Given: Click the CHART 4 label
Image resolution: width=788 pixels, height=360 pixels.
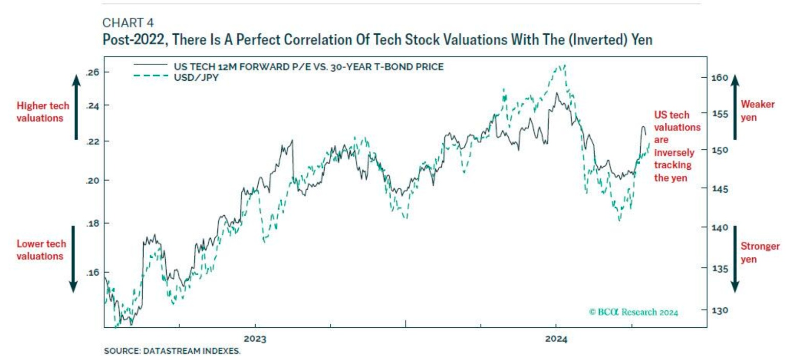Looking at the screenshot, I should tap(128, 22).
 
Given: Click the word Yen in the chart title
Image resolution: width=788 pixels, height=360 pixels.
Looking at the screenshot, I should tap(641, 40).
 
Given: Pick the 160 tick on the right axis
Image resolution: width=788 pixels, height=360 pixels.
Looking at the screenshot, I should tap(717, 78).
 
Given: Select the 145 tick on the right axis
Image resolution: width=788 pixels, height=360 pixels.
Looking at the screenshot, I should tap(717, 189).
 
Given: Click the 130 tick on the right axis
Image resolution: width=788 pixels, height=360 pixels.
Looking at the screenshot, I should tap(717, 310).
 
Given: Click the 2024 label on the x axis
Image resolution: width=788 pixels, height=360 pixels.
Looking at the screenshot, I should tap(556, 339).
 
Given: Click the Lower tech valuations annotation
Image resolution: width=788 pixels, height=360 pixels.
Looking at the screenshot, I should tap(40, 250).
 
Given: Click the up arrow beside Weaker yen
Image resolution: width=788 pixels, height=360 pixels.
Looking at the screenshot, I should tap(734, 107).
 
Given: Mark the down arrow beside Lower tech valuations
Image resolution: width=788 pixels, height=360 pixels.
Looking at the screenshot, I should tap(73, 258).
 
